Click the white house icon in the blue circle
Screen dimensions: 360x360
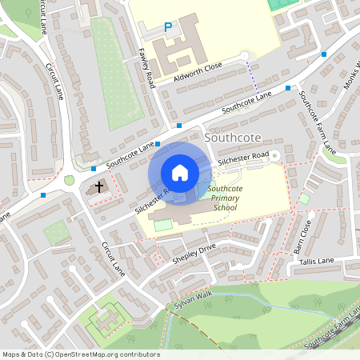[180, 172]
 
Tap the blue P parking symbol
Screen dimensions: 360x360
[168, 27]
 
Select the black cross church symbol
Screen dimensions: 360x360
[99, 187]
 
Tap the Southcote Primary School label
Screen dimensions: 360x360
[226, 198]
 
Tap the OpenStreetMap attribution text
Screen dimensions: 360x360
[80, 354]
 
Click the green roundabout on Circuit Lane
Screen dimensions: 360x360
[70, 180]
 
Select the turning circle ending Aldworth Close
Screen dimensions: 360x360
[245, 55]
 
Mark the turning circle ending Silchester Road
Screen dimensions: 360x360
[274, 155]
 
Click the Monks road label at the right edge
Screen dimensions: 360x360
[350, 76]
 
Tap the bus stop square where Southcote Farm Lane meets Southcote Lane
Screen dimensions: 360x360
[287, 88]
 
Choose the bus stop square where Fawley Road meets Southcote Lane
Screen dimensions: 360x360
[179, 126]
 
